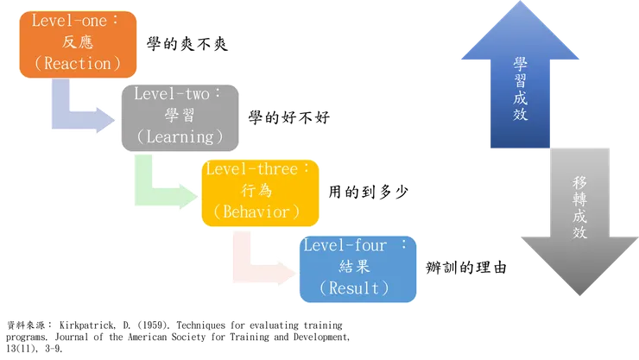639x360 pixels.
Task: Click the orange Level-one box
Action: click(66, 43)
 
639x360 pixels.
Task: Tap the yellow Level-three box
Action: click(260, 191)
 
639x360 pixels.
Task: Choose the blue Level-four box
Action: click(357, 268)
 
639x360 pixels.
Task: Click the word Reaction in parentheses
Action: click(71, 64)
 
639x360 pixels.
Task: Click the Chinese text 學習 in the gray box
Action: click(179, 116)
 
